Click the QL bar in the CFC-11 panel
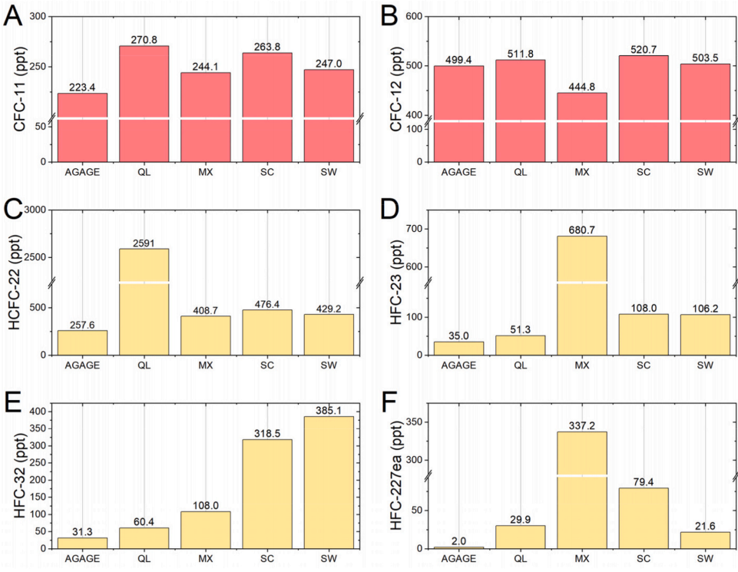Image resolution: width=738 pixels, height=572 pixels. point(144,104)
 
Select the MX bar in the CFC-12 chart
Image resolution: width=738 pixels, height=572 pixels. point(581,127)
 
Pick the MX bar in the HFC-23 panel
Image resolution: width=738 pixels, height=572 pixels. point(581,296)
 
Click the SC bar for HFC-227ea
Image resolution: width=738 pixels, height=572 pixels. point(643,518)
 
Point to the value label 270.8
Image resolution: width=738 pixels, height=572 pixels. point(144,40)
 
